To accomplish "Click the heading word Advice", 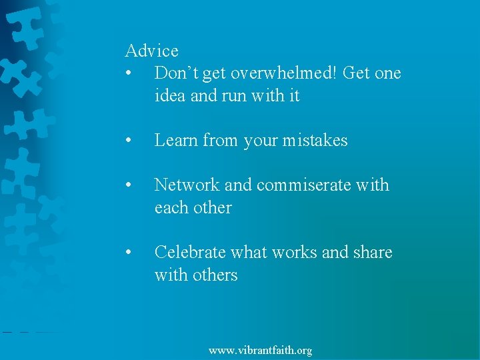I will pyautogui.click(x=151, y=51).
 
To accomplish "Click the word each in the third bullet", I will pyautogui.click(x=171, y=208).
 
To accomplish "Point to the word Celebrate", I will pyautogui.click(x=190, y=253).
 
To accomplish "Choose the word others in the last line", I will pyautogui.click(x=215, y=275).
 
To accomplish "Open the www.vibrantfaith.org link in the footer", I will pyautogui.click(x=260, y=351).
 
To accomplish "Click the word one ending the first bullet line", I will pyautogui.click(x=387, y=73).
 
